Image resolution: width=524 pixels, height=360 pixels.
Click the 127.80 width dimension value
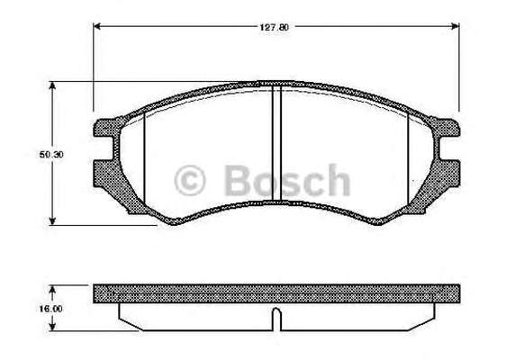pyautogui.click(x=274, y=27)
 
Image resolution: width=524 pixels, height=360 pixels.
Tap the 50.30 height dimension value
pyautogui.click(x=51, y=155)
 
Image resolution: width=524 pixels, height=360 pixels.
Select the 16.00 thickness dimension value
pyautogui.click(x=50, y=309)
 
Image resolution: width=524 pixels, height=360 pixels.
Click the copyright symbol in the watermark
pyautogui.click(x=189, y=180)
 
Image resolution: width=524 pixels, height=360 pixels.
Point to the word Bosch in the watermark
pyautogui.click(x=286, y=180)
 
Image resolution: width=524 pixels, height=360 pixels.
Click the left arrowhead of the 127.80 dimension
pyautogui.click(x=96, y=26)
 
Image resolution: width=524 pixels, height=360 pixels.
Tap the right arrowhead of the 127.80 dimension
pyautogui.click(x=456, y=26)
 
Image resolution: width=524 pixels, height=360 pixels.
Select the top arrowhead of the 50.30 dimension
pyautogui.click(x=52, y=85)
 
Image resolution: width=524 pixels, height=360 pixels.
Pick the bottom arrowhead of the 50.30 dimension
pyautogui.click(x=52, y=220)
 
